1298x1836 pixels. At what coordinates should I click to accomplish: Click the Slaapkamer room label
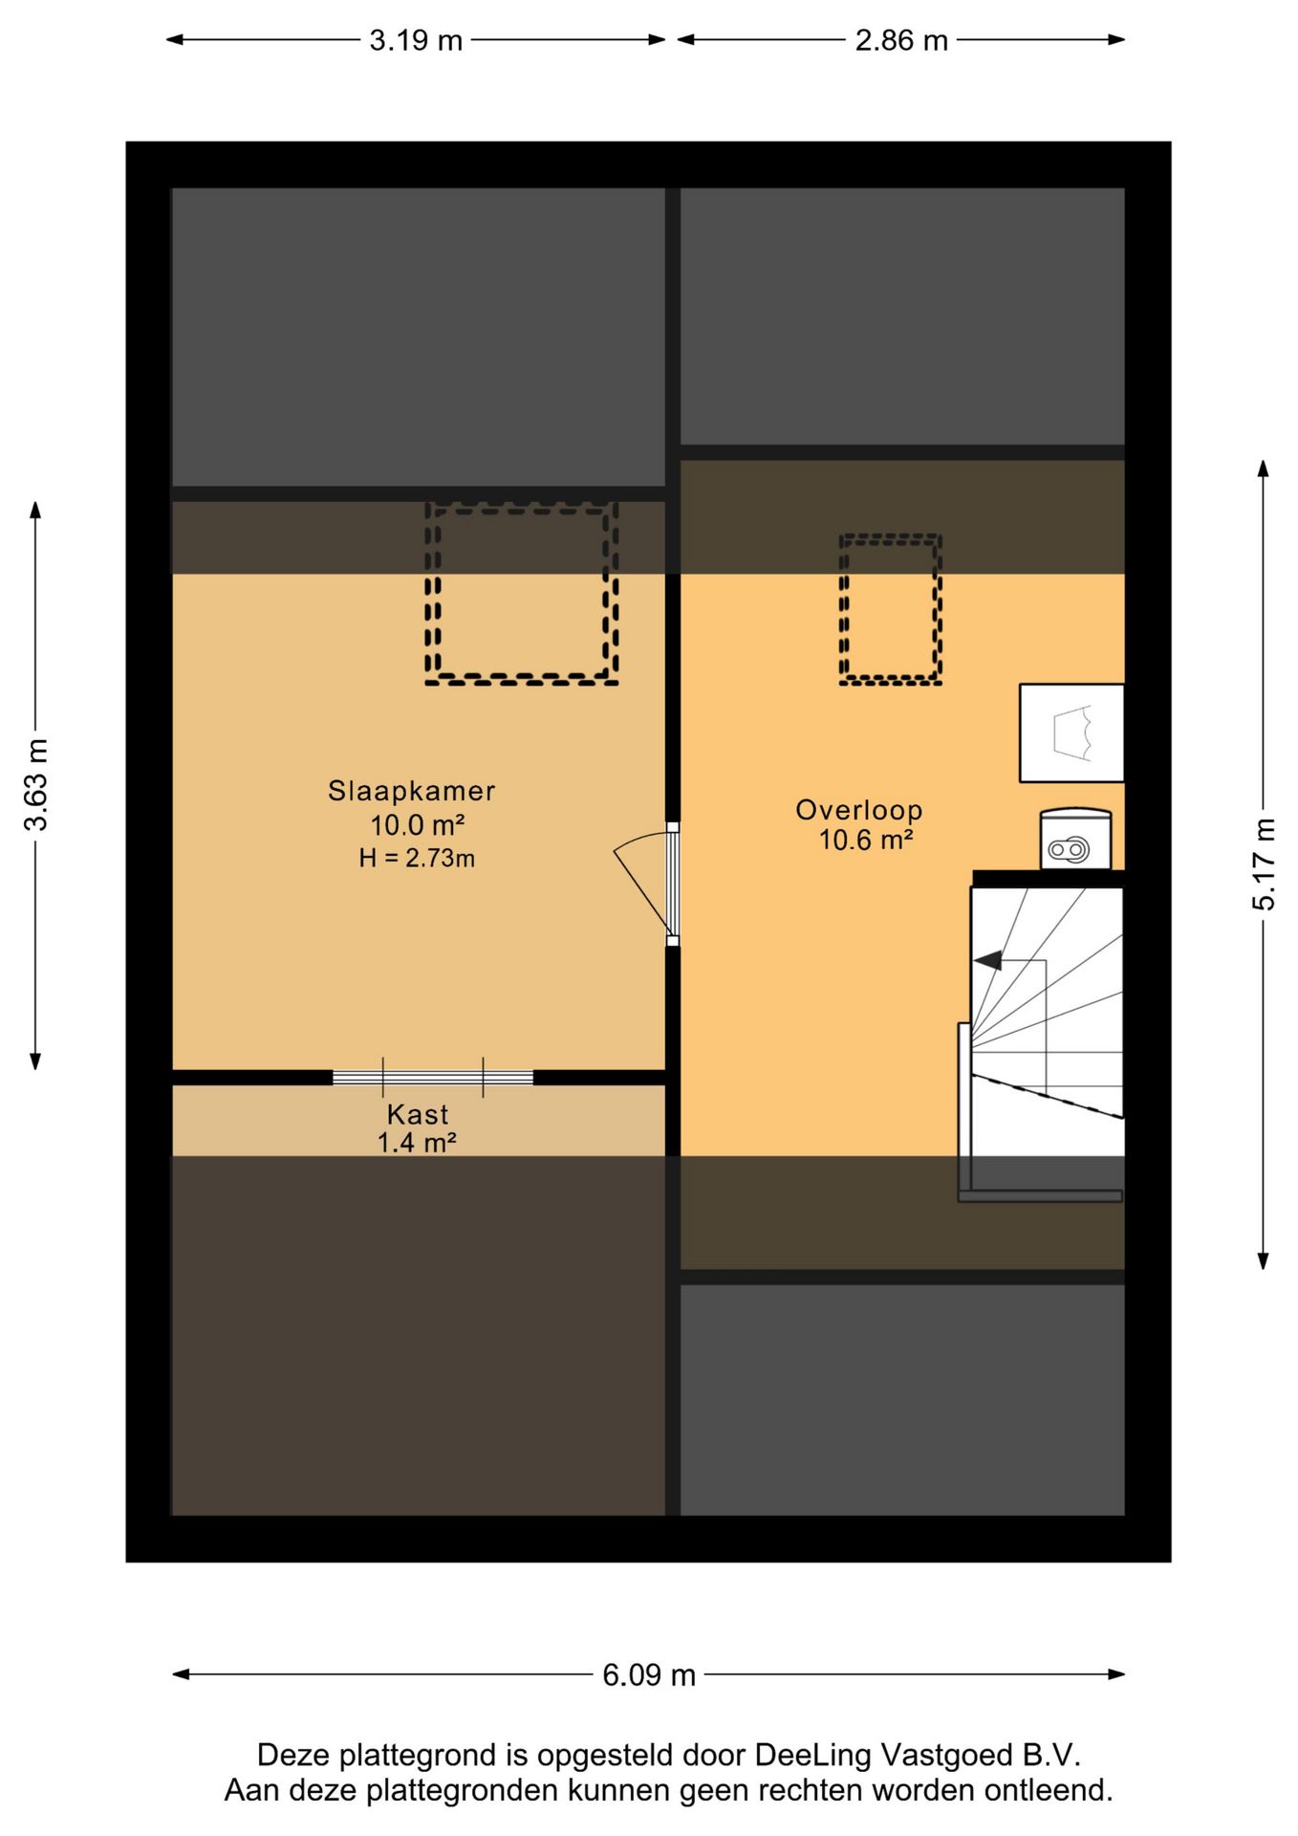pos(411,791)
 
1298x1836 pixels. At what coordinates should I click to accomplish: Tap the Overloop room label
pos(859,810)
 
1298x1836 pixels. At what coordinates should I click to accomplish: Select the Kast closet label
pos(418,1114)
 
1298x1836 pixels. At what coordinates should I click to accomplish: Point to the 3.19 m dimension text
pos(416,40)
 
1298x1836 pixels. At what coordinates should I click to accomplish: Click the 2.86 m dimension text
pos(901,40)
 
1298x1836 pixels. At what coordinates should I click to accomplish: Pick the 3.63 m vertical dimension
pos(35,784)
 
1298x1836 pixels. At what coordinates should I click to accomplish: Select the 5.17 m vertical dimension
pos(1264,863)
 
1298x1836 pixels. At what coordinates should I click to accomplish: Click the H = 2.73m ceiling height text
pos(417,858)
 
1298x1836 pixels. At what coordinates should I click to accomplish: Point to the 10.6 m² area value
pos(866,840)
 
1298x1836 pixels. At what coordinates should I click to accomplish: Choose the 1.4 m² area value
pos(416,1142)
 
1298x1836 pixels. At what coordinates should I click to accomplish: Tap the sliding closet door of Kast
pos(433,1077)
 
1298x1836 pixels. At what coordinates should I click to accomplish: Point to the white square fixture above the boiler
pos(1071,732)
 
